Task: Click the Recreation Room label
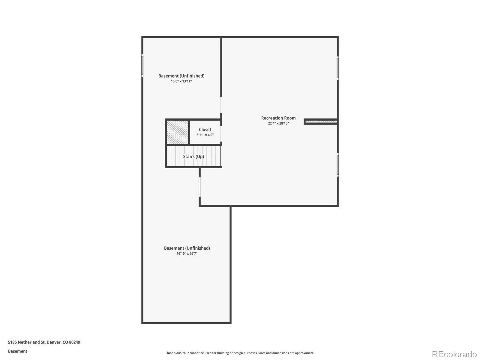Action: pos(278,118)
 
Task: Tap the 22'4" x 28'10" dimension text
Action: pos(278,123)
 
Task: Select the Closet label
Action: pos(205,130)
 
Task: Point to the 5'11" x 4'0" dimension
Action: pos(205,135)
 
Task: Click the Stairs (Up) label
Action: pos(193,157)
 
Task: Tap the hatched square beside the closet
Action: pos(177,132)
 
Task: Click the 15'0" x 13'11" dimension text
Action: pos(181,81)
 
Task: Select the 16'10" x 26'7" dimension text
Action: pos(187,253)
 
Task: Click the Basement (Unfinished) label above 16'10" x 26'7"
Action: pos(187,248)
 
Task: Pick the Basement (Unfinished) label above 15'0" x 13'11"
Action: pos(181,76)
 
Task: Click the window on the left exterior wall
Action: pos(142,65)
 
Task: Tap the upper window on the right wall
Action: pos(337,68)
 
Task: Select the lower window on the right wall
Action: pos(337,165)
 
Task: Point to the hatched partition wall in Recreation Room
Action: pos(321,121)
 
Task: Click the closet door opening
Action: pos(221,134)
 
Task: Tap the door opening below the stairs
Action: pos(199,187)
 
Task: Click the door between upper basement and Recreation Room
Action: pos(221,105)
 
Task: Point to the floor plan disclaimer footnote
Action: pos(240,353)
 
